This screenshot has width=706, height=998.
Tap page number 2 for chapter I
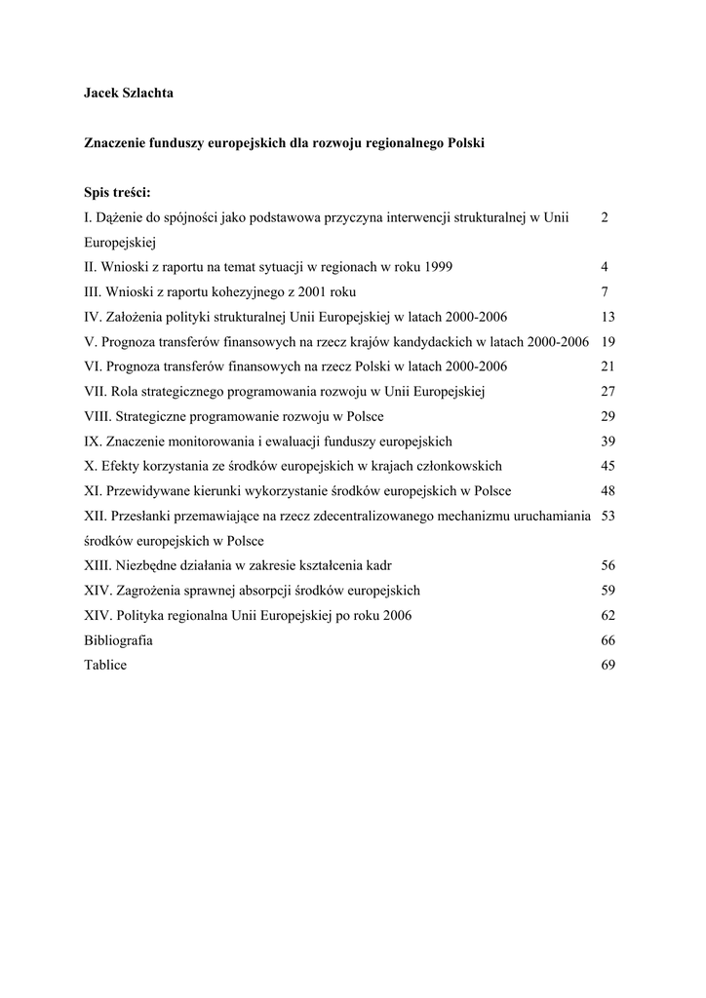pyautogui.click(x=606, y=217)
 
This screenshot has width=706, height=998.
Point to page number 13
pyautogui.click(x=608, y=317)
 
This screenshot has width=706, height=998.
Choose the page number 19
pyautogui.click(x=608, y=342)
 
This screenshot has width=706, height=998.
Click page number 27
pyautogui.click(x=608, y=392)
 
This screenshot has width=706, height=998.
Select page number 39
pyautogui.click(x=608, y=441)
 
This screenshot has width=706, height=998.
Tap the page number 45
pyautogui.click(x=608, y=467)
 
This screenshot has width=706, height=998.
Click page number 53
pyautogui.click(x=608, y=517)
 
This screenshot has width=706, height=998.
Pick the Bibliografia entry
pyautogui.click(x=118, y=641)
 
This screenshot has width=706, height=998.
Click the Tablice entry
pyautogui.click(x=105, y=666)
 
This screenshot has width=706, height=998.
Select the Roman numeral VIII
pyautogui.click(x=98, y=417)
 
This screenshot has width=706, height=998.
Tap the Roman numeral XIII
pyautogui.click(x=98, y=566)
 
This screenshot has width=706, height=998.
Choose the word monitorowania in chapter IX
pyautogui.click(x=210, y=441)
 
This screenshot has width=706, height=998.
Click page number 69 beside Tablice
pyautogui.click(x=608, y=666)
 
